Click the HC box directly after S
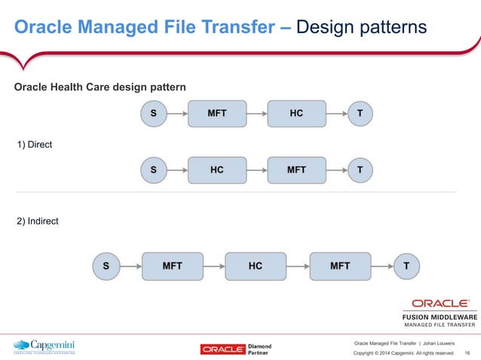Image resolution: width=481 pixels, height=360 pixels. tap(216, 169)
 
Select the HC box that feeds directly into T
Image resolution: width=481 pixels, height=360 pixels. tap(296, 114)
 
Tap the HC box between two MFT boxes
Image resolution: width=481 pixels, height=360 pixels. tap(256, 266)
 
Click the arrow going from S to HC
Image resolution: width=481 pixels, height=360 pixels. tap(177, 169)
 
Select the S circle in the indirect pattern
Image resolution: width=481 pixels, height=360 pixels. tap(106, 266)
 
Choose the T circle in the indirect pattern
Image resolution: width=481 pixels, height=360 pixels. tap(406, 266)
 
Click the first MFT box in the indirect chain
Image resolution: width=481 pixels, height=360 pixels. tap(172, 266)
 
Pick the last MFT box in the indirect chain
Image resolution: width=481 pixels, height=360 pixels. tap(340, 266)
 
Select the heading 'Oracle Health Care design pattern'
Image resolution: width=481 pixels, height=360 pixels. tap(100, 88)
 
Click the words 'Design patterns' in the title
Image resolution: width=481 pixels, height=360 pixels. tap(362, 28)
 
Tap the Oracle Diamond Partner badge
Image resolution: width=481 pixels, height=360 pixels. tap(235, 349)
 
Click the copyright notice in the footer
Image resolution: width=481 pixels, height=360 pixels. tap(404, 352)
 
